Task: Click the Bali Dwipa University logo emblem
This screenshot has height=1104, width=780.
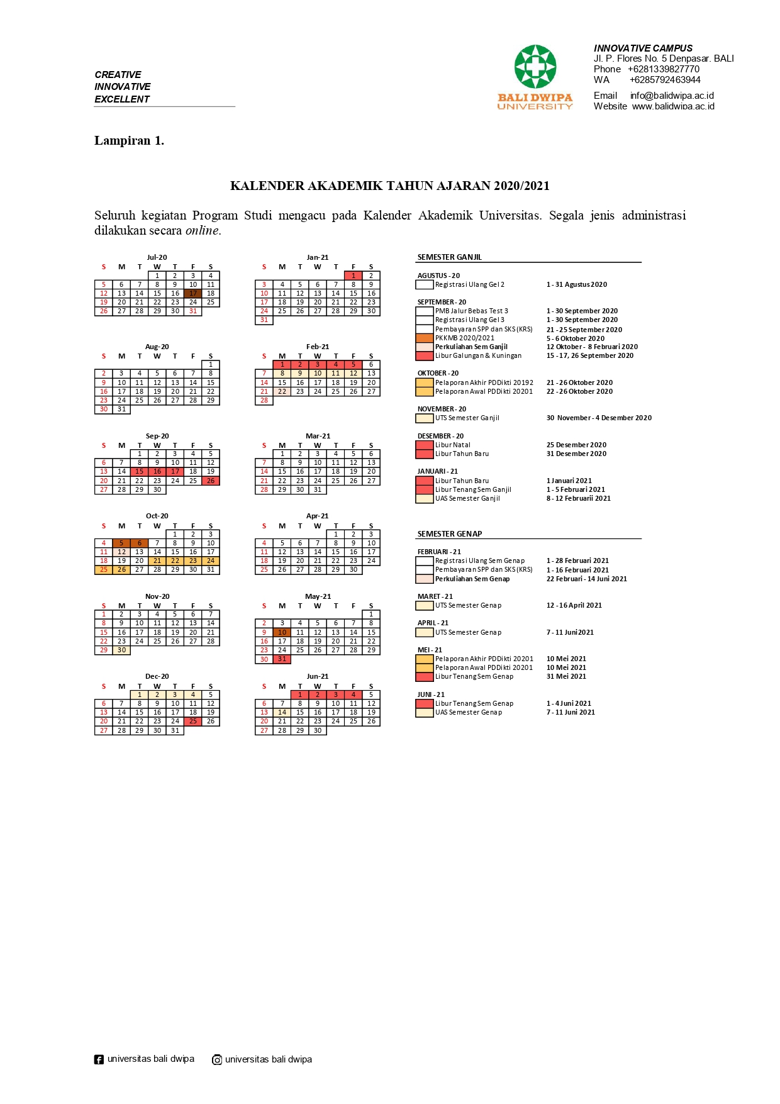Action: click(535, 67)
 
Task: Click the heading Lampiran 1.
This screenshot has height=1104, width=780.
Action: click(129, 140)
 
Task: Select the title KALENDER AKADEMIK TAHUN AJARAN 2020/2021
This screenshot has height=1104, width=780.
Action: click(390, 186)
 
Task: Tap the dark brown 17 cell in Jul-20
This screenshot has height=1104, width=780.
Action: click(193, 293)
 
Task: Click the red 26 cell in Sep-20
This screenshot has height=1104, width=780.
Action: click(211, 481)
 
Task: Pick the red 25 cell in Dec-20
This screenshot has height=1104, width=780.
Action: click(193, 722)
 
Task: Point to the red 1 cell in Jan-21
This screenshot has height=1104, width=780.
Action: click(354, 276)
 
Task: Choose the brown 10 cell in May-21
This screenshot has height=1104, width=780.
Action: click(282, 632)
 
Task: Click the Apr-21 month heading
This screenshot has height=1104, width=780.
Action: click(318, 516)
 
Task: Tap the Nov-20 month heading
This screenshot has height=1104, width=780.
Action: click(157, 596)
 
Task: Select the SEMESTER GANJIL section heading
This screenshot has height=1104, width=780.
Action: click(450, 257)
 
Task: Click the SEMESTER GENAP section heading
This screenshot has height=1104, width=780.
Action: click(450, 534)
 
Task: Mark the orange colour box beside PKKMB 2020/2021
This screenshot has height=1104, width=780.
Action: click(425, 338)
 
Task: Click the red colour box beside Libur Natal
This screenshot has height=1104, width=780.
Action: click(425, 445)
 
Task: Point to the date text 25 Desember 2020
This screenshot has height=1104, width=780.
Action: click(576, 445)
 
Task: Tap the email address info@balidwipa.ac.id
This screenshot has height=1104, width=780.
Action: click(672, 96)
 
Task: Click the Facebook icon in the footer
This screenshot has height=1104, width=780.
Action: click(99, 1059)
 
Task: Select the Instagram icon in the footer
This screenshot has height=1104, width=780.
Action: click(217, 1059)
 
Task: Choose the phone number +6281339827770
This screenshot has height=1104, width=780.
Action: click(664, 69)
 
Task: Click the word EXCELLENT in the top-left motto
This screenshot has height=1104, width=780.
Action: click(122, 99)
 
